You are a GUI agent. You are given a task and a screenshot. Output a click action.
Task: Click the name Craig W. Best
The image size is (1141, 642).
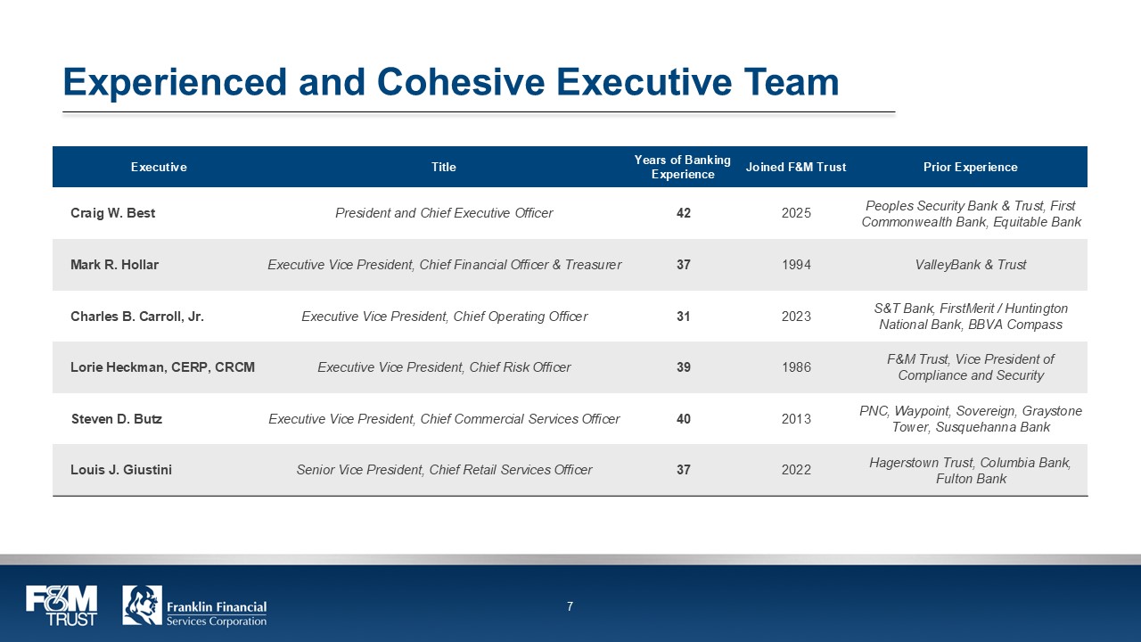[112, 213]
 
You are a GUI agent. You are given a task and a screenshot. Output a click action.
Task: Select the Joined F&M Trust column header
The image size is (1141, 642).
[796, 167]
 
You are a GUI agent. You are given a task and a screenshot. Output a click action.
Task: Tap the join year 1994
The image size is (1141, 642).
[796, 265]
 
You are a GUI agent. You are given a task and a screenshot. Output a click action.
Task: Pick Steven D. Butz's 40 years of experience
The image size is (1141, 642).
[684, 419]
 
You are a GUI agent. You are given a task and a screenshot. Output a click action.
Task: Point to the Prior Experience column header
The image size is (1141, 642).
[971, 167]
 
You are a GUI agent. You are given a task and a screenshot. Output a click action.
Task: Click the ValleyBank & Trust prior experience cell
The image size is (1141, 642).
[971, 265]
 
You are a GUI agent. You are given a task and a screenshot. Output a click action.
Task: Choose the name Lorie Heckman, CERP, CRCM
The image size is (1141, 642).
[162, 367]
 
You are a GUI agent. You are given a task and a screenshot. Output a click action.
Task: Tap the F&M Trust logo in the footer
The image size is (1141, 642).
[61, 605]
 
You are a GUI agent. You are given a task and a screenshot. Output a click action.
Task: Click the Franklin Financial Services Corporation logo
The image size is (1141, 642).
[194, 605]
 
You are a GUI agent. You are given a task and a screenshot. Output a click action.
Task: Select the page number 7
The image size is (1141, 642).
[570, 607]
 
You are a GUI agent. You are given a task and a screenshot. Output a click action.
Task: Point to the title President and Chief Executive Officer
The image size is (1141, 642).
[444, 213]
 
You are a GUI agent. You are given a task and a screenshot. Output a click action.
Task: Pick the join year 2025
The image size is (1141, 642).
[796, 213]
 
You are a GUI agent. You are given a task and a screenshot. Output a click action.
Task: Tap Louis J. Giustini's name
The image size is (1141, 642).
[121, 470]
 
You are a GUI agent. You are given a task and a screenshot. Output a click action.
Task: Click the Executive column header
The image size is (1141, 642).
[159, 167]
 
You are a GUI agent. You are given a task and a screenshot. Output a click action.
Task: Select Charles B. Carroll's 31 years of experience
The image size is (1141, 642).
[684, 317]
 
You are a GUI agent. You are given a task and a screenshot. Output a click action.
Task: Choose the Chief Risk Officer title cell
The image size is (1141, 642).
[444, 367]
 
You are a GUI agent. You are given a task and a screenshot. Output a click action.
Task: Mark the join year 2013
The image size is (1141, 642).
[796, 419]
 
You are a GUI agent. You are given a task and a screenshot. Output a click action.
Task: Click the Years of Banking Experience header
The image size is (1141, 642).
[683, 167]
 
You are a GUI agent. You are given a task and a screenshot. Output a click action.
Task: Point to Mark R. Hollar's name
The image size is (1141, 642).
[115, 265]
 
